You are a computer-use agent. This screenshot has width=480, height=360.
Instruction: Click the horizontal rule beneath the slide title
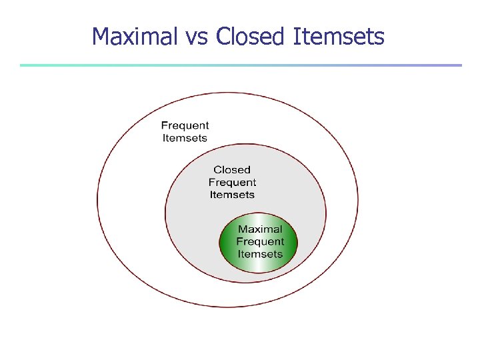coord(240,65)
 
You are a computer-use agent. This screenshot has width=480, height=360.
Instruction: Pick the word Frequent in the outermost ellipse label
coord(185,125)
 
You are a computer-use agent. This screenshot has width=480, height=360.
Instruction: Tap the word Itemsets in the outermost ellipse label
coord(185,138)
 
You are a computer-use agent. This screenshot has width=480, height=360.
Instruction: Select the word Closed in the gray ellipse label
coord(232,170)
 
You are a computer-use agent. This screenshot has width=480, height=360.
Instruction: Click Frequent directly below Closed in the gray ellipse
coord(232,182)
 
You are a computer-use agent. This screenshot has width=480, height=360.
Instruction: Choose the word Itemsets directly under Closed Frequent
coord(232,195)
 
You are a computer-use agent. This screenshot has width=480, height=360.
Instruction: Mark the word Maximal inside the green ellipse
coord(260,229)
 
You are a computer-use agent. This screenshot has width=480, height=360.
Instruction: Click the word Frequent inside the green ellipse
coord(260,241)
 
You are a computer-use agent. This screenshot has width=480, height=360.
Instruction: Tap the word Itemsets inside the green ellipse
coord(260,254)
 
